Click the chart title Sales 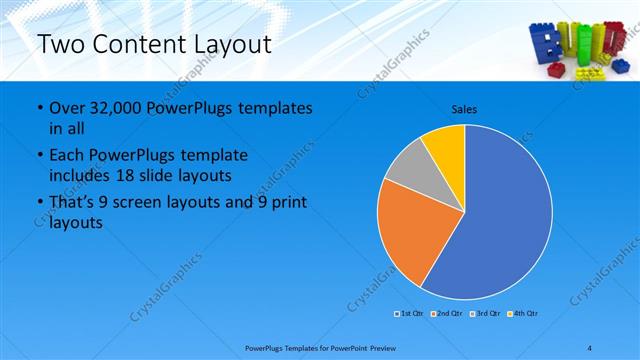[464, 108]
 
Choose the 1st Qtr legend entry [410, 314]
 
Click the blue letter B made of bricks [546, 47]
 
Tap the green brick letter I [583, 45]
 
